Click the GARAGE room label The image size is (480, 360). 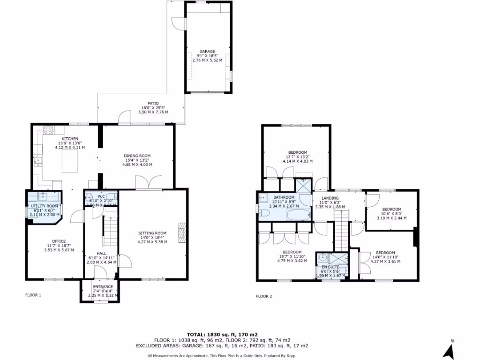(207, 51)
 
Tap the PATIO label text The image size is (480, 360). (153, 104)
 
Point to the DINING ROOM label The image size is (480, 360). (137, 156)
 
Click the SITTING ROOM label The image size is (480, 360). (152, 233)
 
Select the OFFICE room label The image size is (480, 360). (59, 241)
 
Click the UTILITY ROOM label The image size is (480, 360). (45, 206)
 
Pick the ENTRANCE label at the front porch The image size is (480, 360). (103, 287)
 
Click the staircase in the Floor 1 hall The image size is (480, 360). (109, 232)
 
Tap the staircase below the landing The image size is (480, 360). (342, 230)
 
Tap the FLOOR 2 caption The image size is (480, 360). (263, 296)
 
